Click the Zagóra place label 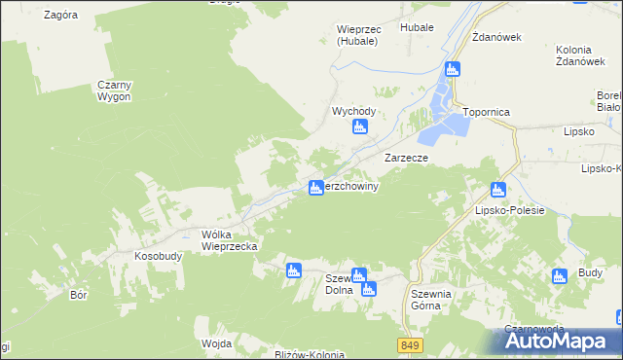[x=61, y=16]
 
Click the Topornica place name [x=487, y=112]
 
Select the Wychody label [x=353, y=112]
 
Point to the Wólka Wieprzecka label [x=229, y=240]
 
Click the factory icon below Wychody [x=359, y=126]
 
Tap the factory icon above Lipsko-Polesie [x=498, y=190]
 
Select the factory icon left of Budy [x=559, y=276]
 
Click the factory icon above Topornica [x=452, y=69]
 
